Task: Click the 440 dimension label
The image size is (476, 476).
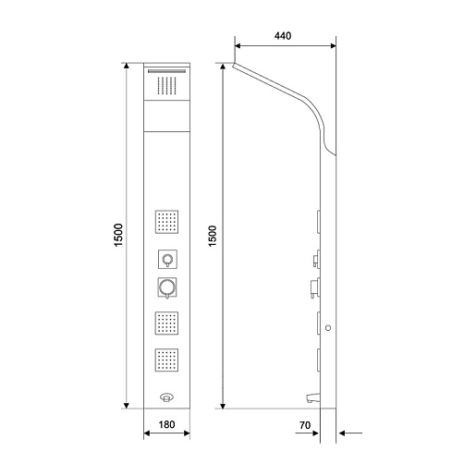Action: [x=283, y=36]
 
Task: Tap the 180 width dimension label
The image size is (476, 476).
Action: [x=166, y=424]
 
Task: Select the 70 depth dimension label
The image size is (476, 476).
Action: [x=305, y=425]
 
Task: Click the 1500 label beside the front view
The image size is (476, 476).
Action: [x=118, y=235]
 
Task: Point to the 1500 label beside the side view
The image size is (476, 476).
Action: [x=213, y=236]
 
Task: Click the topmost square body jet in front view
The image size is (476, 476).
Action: [x=166, y=222]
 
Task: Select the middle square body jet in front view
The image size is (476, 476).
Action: [x=166, y=323]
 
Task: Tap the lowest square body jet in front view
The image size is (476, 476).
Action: [x=166, y=360]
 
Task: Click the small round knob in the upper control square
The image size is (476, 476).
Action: [x=167, y=259]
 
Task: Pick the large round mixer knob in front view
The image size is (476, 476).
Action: [x=167, y=287]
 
